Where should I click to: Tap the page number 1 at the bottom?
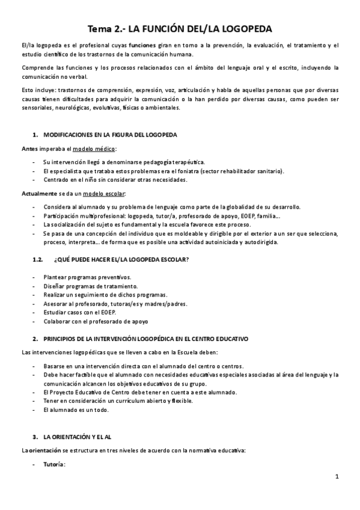338,477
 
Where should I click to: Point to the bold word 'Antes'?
31,149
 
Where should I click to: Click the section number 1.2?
38,259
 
